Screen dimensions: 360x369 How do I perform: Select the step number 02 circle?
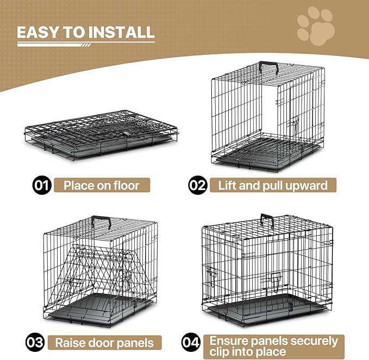click(197, 185)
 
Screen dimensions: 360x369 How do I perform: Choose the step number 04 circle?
click(190, 343)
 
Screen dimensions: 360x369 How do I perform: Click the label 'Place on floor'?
click(101, 185)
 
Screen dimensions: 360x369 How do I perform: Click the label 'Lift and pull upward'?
click(273, 185)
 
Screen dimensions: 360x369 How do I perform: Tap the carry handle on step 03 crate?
click(101, 220)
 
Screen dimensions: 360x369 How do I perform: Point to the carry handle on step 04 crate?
click(267, 220)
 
